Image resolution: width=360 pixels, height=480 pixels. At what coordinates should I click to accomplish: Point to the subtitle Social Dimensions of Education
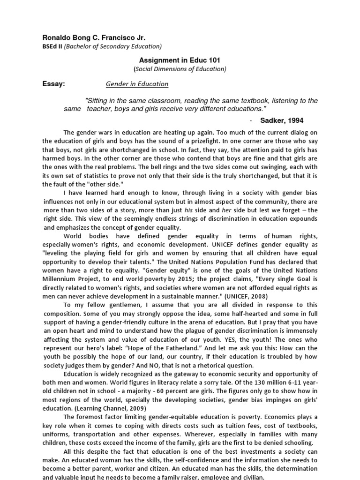[x=180, y=69]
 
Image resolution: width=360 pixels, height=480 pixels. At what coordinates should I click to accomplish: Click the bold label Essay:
[x=53, y=84]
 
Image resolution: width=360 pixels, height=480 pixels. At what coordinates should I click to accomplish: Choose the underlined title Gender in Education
[x=137, y=84]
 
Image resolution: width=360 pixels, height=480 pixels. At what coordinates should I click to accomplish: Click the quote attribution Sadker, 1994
[x=285, y=120]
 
